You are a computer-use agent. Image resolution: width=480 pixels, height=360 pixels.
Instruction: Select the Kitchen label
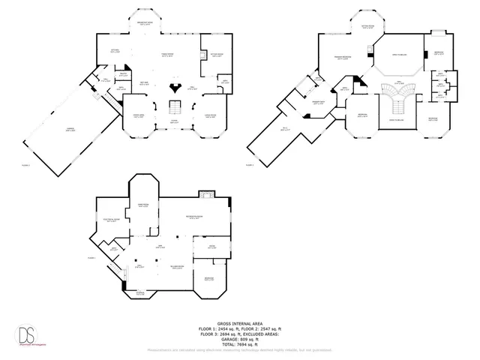pyautogui.click(x=115, y=51)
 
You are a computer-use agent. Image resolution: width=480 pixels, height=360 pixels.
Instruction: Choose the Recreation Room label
pyautogui.click(x=197, y=218)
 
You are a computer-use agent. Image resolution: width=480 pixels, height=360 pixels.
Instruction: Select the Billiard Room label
pyautogui.click(x=177, y=267)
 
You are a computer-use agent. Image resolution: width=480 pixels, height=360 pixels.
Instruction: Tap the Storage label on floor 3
pyautogui.click(x=141, y=293)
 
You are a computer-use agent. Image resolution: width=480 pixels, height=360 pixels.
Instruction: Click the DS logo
pyautogui.click(x=29, y=331)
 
